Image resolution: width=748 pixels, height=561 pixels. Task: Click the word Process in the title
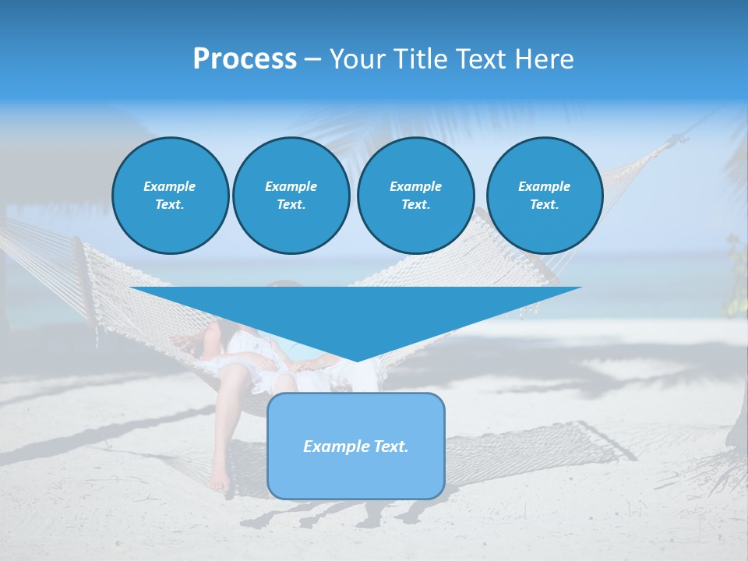point(245,59)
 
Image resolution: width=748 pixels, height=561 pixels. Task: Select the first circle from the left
point(171,196)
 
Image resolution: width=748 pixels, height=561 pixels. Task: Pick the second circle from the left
point(291,196)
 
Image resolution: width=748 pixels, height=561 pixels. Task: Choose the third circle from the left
point(415,196)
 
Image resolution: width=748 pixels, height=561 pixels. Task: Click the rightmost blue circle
point(544,196)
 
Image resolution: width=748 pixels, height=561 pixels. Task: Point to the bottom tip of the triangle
point(357,360)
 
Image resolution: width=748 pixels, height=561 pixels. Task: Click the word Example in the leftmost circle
point(170,186)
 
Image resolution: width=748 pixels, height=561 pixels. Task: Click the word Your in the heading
point(358,59)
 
